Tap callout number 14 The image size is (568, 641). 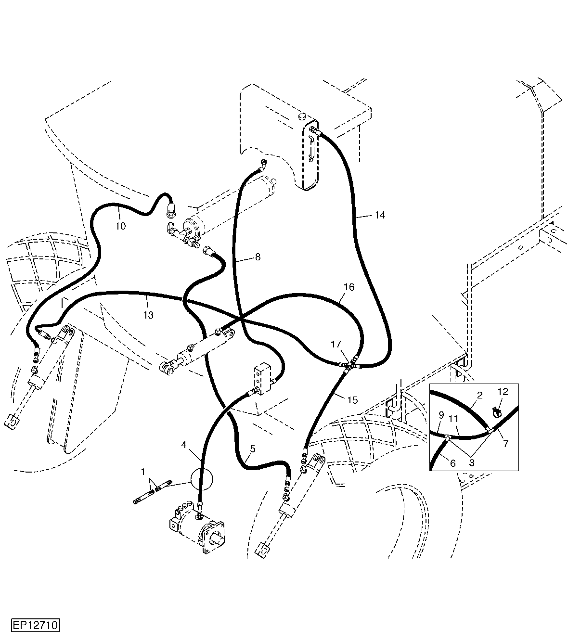(x=380, y=215)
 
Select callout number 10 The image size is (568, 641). (x=120, y=226)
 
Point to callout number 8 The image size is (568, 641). (x=258, y=257)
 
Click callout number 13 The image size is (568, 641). (x=148, y=315)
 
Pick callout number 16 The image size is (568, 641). (x=349, y=287)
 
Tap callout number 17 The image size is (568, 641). (x=336, y=344)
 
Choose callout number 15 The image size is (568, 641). (x=352, y=400)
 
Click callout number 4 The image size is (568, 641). (x=184, y=445)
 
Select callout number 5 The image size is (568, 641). (x=253, y=449)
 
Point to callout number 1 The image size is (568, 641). (x=143, y=472)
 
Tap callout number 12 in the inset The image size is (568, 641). (x=503, y=392)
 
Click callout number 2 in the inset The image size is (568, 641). (x=480, y=395)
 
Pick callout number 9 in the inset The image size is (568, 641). (x=441, y=415)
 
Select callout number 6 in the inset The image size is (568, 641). (x=453, y=463)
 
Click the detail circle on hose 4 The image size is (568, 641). (x=202, y=479)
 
